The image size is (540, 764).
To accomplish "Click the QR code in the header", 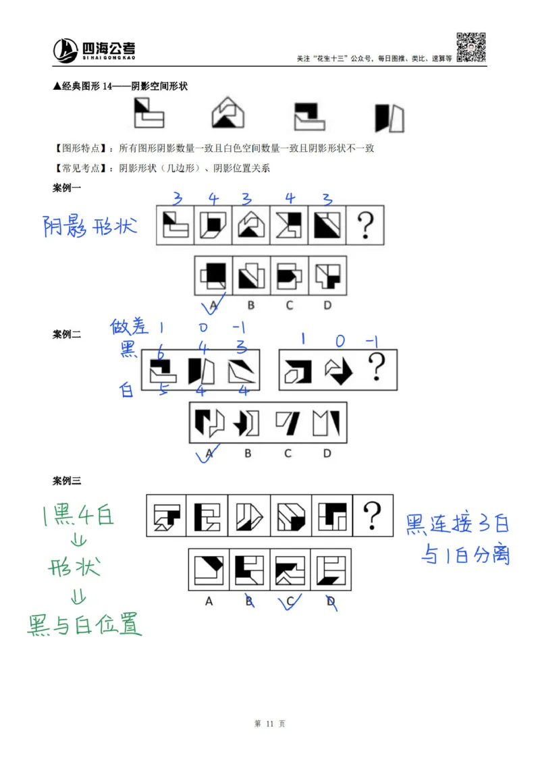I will [x=472, y=47].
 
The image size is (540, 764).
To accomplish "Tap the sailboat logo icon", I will [x=66, y=49].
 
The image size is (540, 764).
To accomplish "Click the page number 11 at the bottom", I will [x=270, y=724].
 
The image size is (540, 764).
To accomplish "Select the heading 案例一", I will [x=66, y=188].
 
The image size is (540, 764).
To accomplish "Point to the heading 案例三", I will [x=66, y=481].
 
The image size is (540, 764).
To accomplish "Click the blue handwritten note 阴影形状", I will [x=90, y=226].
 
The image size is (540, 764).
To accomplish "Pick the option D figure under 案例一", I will [x=328, y=275].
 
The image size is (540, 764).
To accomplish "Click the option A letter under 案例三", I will [x=209, y=601].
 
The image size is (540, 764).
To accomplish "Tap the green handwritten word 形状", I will [x=74, y=567].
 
